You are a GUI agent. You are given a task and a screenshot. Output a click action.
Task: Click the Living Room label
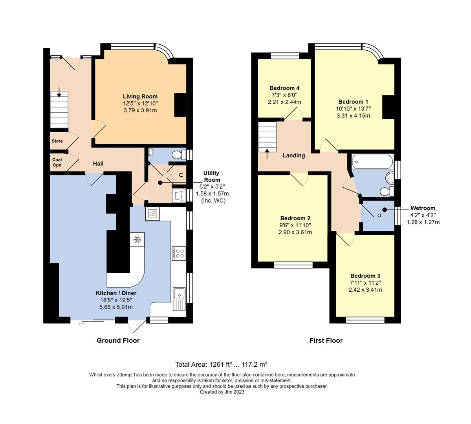tap(140, 96)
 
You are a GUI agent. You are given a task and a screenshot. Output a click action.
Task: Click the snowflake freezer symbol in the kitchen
tap(137, 239)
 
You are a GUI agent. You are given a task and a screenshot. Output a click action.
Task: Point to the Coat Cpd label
tap(57, 162)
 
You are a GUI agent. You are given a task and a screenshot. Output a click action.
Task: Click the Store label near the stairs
tap(57, 141)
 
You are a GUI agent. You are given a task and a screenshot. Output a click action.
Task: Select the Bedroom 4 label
tap(284, 88)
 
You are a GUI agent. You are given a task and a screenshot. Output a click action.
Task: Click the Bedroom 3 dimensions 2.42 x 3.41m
tap(365, 290)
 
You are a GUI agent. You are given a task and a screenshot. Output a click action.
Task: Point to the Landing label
tap(294, 155)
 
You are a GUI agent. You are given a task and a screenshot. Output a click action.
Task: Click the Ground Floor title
tap(118, 340)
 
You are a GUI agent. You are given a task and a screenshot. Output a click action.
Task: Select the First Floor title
tap(326, 340)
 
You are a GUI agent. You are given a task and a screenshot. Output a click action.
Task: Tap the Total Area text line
tap(221, 364)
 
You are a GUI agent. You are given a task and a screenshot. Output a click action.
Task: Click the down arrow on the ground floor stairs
tap(59, 93)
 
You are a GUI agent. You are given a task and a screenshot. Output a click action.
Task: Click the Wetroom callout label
tap(423, 208)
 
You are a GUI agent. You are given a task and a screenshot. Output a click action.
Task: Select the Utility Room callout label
tap(211, 176)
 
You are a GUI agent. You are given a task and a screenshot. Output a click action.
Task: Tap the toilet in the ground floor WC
tap(180, 155)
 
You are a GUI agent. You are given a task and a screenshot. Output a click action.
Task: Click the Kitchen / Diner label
tap(116, 293)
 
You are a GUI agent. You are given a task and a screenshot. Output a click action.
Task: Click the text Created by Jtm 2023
tap(222, 392)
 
